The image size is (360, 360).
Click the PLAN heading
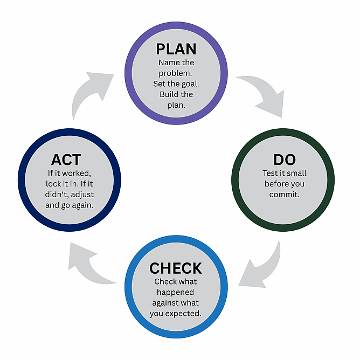tap(176, 49)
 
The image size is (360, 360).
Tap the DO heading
tap(283, 160)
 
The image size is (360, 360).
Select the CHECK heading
tap(176, 268)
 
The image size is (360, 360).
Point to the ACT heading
tap(66, 160)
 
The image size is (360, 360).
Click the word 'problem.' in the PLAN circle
tap(176, 73)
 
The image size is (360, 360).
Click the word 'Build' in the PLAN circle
tap(169, 94)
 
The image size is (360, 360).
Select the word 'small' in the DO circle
tap(295, 174)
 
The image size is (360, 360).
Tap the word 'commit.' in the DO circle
tap(283, 194)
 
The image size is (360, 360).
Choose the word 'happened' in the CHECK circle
tap(176, 292)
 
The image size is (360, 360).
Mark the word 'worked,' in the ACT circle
tap(78, 174)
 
